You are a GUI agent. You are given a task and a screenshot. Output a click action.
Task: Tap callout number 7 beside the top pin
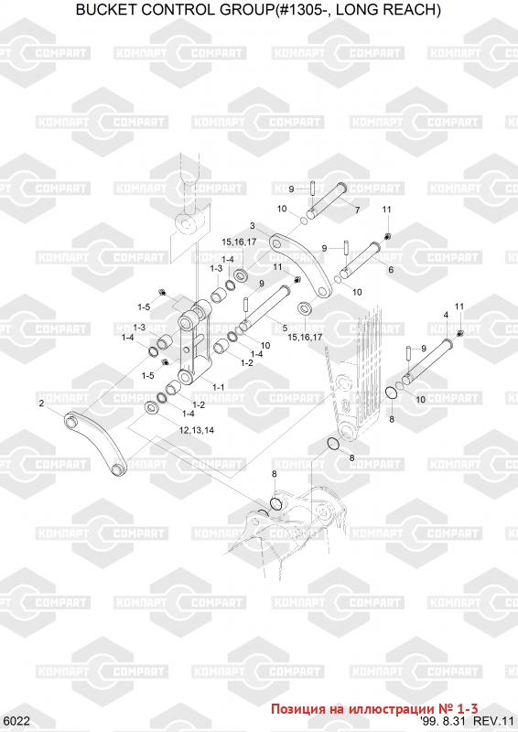tap(357, 210)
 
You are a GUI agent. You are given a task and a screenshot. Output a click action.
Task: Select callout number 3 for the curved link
tap(253, 226)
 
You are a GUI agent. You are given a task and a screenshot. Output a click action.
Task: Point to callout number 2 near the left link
tap(41, 404)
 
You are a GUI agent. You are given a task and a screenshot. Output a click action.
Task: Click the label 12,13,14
tap(197, 430)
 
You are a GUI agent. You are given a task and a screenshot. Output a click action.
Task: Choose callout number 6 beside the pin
tap(391, 269)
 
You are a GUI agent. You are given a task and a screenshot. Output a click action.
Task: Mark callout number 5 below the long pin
tap(285, 328)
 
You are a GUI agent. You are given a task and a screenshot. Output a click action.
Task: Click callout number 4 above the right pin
tap(446, 315)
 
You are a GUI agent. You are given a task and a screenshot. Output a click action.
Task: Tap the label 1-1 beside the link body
tap(218, 387)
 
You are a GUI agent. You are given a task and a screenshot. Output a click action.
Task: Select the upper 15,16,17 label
tap(239, 242)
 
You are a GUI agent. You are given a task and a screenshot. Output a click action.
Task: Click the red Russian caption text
tap(374, 708)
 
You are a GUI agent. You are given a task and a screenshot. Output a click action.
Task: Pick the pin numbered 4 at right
tap(427, 361)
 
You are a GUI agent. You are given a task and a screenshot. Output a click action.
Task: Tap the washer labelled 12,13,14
tap(152, 408)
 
